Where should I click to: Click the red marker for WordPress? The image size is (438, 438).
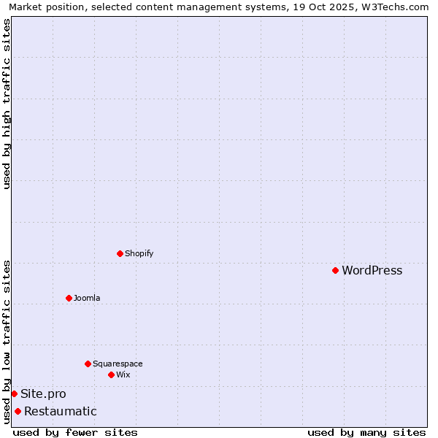335,271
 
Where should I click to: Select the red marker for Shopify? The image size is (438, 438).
120,254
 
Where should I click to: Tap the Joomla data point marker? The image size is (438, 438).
69,298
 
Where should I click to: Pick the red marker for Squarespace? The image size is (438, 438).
88,364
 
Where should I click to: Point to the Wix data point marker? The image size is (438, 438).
111,374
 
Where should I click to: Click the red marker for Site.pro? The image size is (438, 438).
14,394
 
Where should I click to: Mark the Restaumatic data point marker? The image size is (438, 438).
18,412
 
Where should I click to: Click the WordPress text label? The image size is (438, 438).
372,271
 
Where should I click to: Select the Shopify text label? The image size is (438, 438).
139,254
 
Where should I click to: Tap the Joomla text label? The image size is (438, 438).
87,298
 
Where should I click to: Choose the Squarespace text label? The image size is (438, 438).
118,364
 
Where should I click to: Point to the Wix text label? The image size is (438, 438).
123,374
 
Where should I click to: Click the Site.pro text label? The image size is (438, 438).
43,394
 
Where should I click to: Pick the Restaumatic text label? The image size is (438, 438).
60,412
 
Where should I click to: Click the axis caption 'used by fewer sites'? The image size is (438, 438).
75,432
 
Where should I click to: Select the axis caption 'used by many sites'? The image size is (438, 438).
366,432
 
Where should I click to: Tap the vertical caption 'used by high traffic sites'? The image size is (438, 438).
7,104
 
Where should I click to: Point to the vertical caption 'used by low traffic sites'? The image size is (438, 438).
7,341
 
